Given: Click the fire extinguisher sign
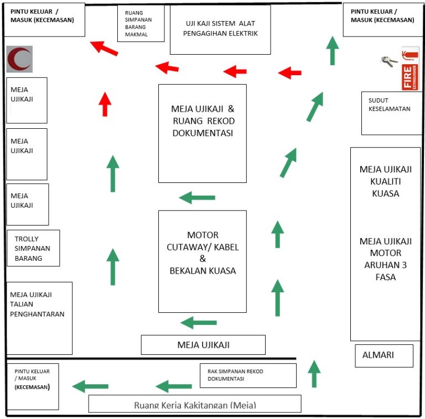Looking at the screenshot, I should pyautogui.click(x=410, y=69).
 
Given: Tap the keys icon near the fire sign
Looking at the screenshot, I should pyautogui.click(x=389, y=61).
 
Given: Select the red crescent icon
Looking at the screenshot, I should pyautogui.click(x=20, y=59).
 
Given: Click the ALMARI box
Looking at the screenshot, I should pyautogui.click(x=383, y=355).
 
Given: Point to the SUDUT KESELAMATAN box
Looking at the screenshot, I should pyautogui.click(x=391, y=113).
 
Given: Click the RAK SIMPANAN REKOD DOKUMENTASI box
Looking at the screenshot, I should pyautogui.click(x=247, y=375).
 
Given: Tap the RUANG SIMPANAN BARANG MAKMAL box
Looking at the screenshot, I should pyautogui.click(x=141, y=23).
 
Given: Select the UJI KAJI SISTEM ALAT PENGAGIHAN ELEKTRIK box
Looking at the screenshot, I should pyautogui.click(x=220, y=30).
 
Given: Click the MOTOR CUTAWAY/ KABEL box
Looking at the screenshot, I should pyautogui.click(x=202, y=261).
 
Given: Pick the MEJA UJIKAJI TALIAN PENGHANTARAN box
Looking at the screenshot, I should pyautogui.click(x=39, y=318).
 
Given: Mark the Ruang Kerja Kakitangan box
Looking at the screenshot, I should pyautogui.click(x=195, y=404).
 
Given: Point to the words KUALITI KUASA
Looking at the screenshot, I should pyautogui.click(x=386, y=188).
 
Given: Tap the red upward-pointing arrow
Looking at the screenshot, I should pyautogui.click(x=105, y=104).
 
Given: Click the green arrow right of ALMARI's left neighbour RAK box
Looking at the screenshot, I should pyautogui.click(x=314, y=374).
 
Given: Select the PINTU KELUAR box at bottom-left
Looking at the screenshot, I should pyautogui.click(x=32, y=386).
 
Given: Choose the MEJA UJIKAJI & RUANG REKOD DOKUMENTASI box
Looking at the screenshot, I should pyautogui.click(x=202, y=133).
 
